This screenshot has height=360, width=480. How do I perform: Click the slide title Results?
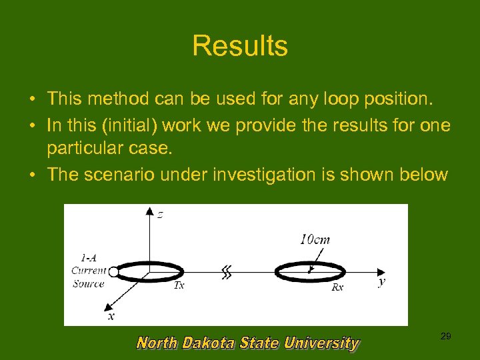pos(240,46)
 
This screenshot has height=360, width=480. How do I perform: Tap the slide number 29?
pos(445,337)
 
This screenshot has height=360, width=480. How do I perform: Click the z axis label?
pos(160,214)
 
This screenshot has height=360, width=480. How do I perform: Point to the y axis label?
pos(381,282)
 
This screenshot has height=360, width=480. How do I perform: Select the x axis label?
pos(111,316)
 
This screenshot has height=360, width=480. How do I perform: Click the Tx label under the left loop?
pos(179,285)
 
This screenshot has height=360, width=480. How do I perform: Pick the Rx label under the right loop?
pos(338,287)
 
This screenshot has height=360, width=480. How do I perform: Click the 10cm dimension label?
pos(314,239)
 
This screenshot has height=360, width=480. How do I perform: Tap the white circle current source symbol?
pos(113,271)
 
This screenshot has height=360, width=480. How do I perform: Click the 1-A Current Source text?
pos(89,271)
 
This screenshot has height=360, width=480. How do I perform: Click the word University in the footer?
pos(321,343)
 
